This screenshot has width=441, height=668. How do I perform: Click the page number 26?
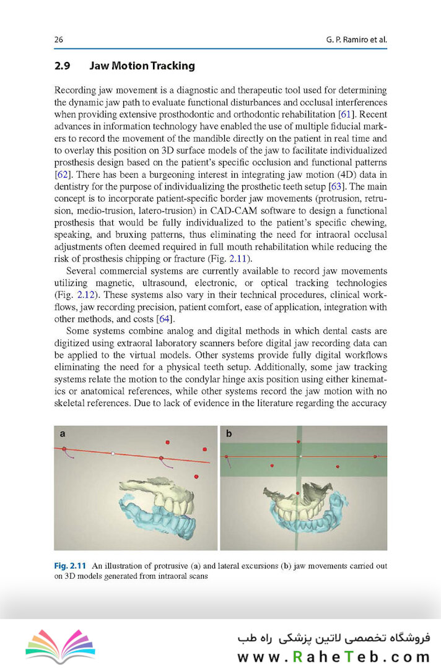[x=59, y=40]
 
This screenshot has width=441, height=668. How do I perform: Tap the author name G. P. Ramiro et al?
[x=356, y=40]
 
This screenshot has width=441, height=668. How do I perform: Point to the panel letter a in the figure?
[x=63, y=434]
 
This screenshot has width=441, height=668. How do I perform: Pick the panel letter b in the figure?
[x=229, y=434]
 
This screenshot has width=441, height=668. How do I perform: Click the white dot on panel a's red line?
[x=113, y=454]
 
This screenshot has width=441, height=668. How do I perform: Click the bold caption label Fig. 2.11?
[x=72, y=565]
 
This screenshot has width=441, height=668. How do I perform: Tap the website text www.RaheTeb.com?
[x=333, y=656]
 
